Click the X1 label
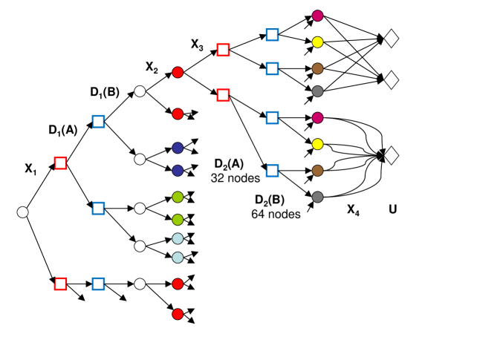pyautogui.click(x=30, y=168)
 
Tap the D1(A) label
pyautogui.click(x=62, y=131)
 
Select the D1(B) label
pyautogui.click(x=105, y=92)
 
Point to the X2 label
pyautogui.click(x=152, y=67)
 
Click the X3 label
pyautogui.click(x=197, y=45)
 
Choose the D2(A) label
pyautogui.click(x=229, y=164)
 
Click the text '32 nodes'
pyautogui.click(x=236, y=178)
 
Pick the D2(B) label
pyautogui.click(x=270, y=200)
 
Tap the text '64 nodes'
pyautogui.click(x=276, y=214)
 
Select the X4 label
pyautogui.click(x=353, y=210)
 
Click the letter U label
pyautogui.click(x=393, y=209)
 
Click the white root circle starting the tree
pyautogui.click(x=22, y=212)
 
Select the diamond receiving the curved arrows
pyautogui.click(x=392, y=155)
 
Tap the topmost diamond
pyautogui.click(x=392, y=39)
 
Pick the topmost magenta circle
pyautogui.click(x=318, y=16)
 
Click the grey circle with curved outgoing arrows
pyautogui.click(x=318, y=197)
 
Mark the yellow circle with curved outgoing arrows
pyautogui.click(x=318, y=144)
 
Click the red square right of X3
pyautogui.click(x=223, y=50)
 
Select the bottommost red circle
pyautogui.click(x=178, y=314)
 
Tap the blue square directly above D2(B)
pyautogui.click(x=272, y=171)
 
